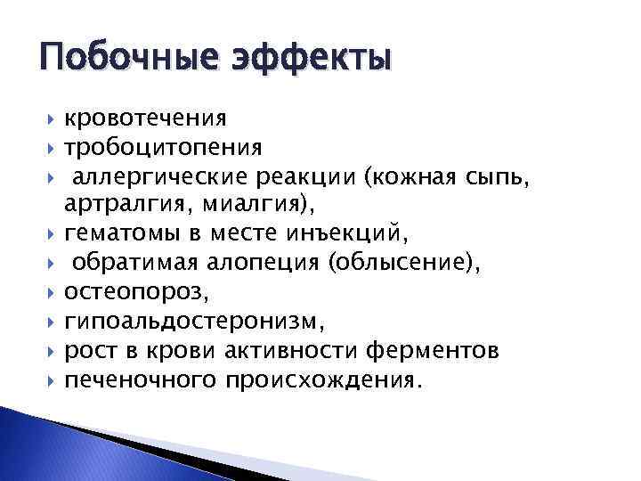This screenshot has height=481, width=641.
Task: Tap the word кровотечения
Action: click(x=145, y=118)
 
